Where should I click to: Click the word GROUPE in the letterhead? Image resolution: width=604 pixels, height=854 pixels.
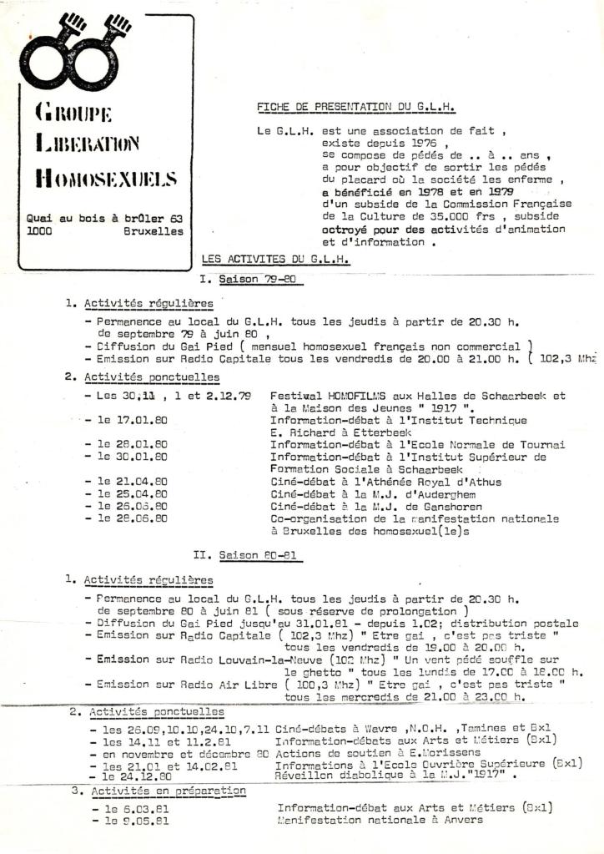[74, 112]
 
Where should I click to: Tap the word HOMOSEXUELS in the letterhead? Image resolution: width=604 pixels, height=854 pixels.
[106, 178]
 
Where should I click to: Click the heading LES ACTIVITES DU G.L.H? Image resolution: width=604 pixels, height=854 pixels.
[275, 260]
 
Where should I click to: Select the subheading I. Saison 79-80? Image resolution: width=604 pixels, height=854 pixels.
[250, 279]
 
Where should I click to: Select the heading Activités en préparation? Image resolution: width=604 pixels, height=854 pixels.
[156, 790]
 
